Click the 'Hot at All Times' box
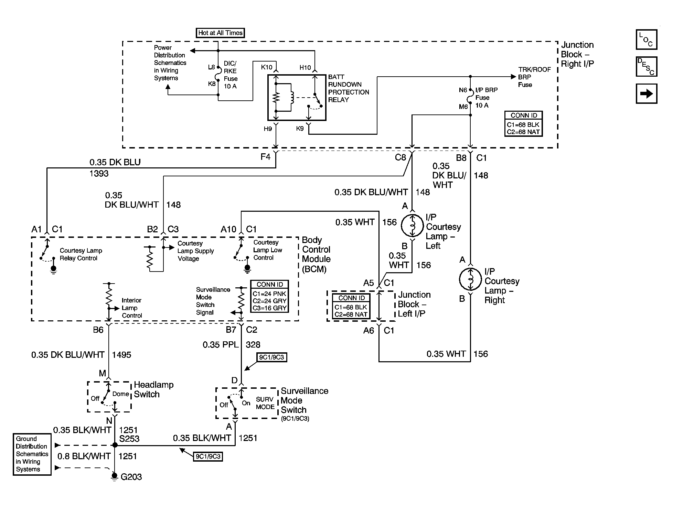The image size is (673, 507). click(220, 33)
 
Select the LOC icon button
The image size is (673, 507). click(647, 40)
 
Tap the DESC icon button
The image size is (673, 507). click(647, 67)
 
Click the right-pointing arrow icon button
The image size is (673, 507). click(647, 93)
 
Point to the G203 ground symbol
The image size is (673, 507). click(115, 476)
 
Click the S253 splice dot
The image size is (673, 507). click(115, 445)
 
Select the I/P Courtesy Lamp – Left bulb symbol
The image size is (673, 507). click(412, 225)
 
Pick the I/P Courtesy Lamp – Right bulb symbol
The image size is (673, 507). click(470, 279)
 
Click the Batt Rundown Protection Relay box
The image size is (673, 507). click(297, 98)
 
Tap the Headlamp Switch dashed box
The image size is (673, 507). click(109, 396)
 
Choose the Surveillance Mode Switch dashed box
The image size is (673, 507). click(247, 403)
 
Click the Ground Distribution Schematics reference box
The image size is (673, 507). click(32, 454)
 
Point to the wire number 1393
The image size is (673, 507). click(99, 174)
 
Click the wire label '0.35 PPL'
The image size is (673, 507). click(220, 344)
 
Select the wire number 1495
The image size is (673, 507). click(122, 355)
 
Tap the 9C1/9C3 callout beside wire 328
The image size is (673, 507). click(272, 357)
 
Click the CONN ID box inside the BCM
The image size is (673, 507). click(269, 296)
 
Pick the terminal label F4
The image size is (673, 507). click(265, 157)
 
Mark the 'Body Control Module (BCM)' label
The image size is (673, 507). click(316, 254)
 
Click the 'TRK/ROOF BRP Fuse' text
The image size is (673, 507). click(534, 77)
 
